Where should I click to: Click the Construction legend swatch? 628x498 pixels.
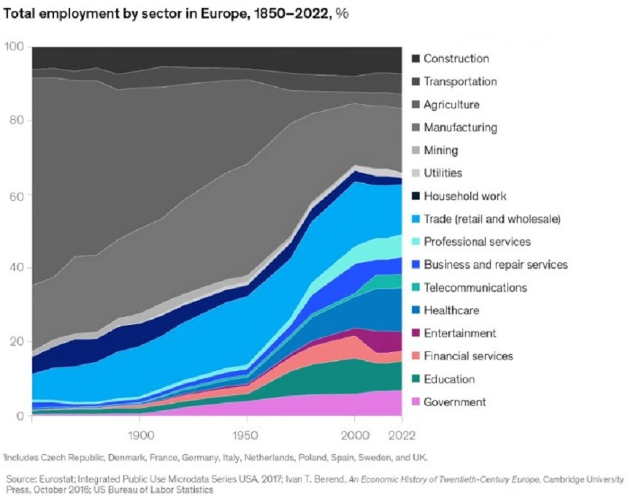click(416, 58)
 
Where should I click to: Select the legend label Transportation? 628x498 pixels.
click(460, 81)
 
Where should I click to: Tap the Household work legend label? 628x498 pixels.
click(465, 196)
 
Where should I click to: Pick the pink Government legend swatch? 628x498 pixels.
click(416, 402)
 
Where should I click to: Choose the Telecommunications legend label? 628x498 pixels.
click(475, 287)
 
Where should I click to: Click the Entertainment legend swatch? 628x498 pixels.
click(416, 333)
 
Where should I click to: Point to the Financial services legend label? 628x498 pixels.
click(468, 356)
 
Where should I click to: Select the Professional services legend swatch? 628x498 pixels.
click(416, 242)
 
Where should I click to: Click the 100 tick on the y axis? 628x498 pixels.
click(14, 47)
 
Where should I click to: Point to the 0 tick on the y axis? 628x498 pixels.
click(20, 416)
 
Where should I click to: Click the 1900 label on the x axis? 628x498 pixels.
click(141, 435)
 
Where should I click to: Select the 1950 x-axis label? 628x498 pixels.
click(246, 435)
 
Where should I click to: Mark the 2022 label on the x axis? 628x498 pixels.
click(402, 435)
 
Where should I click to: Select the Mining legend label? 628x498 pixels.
click(441, 150)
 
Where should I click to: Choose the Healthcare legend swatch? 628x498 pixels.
click(416, 310)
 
